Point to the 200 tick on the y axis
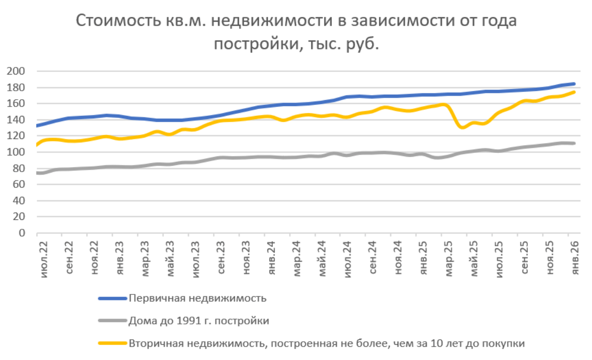(16, 72)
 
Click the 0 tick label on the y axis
(22, 233)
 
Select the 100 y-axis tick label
(16, 152)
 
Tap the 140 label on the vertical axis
(16, 120)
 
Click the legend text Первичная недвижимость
(198, 298)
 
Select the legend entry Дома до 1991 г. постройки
(199, 321)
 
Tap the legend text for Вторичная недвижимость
(326, 344)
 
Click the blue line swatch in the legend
(112, 298)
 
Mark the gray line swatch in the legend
(112, 321)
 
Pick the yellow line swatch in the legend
(112, 344)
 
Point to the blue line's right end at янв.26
(574, 84)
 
